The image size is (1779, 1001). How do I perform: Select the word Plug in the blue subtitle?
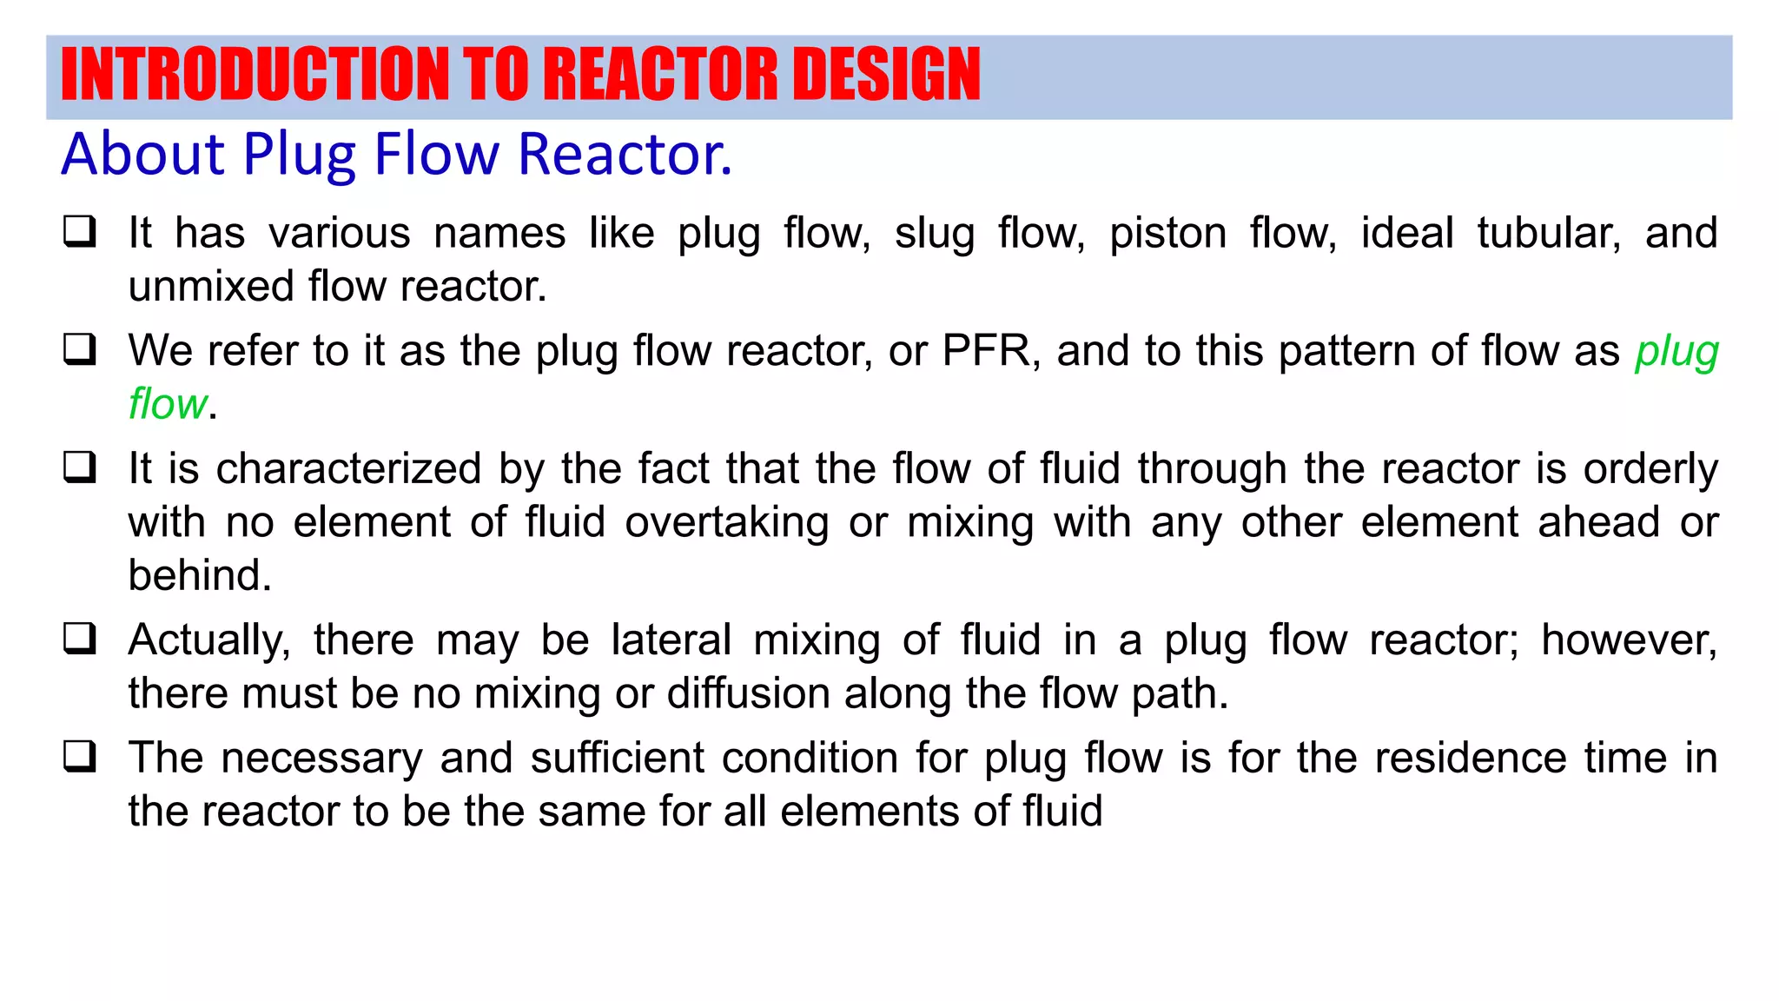tap(300, 155)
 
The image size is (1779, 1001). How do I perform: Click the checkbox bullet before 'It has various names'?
tap(80, 232)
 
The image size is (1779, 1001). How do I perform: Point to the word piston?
tap(1167, 234)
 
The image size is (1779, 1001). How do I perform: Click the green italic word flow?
tap(168, 404)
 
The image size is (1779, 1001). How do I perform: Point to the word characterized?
tap(348, 469)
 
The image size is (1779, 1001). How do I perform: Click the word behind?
tap(200, 575)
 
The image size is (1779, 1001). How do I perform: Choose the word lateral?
tap(671, 640)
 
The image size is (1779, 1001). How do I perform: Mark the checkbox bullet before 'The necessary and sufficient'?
tap(80, 757)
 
